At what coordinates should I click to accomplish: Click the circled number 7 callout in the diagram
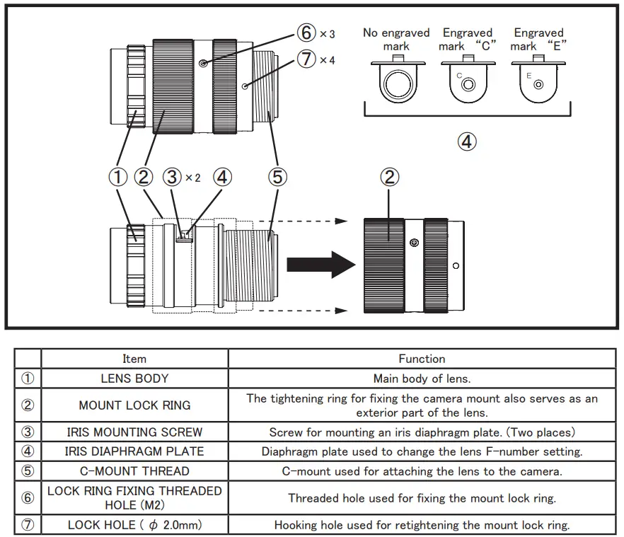(306, 59)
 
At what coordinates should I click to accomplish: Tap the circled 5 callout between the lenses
(277, 176)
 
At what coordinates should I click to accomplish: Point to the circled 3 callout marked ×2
(172, 176)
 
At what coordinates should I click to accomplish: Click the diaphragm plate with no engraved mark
(395, 81)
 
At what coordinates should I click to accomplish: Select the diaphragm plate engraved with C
(467, 81)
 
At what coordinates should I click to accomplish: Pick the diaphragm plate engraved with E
(538, 81)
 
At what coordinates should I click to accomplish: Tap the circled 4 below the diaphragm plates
(466, 142)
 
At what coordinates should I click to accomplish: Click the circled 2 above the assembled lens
(390, 176)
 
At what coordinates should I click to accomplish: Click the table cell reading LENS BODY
(134, 379)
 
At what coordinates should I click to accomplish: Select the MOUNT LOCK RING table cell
(134, 405)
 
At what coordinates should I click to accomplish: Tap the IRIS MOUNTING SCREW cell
(134, 432)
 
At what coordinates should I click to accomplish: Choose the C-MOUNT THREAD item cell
(134, 470)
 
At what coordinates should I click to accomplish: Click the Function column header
(422, 359)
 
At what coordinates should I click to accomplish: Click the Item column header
(134, 359)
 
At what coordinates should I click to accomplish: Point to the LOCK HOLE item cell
(134, 525)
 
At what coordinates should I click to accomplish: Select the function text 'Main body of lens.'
(422, 379)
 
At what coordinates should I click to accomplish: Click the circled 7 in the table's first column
(28, 525)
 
